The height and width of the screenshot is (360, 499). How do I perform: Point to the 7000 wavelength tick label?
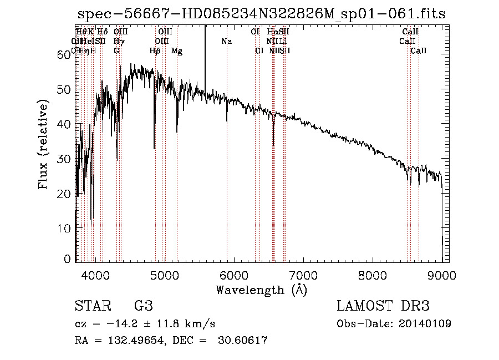click(303, 275)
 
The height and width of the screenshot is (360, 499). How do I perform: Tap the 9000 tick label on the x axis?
click(442, 275)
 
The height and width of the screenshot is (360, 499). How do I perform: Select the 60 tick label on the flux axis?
click(65, 54)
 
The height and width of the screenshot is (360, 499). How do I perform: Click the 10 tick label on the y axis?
click(65, 229)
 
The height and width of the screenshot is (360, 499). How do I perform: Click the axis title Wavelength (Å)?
click(261, 290)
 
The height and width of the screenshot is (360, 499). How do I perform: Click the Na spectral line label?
click(226, 42)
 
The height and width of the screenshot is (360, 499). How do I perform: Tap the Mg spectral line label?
click(177, 51)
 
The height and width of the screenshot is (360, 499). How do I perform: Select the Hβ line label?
click(155, 51)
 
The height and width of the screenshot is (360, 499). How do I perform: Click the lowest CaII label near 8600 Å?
click(419, 51)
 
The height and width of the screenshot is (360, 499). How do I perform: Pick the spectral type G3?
click(143, 306)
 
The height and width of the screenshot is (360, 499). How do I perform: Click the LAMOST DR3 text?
click(383, 306)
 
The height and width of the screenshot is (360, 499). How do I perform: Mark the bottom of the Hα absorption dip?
click(273, 145)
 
